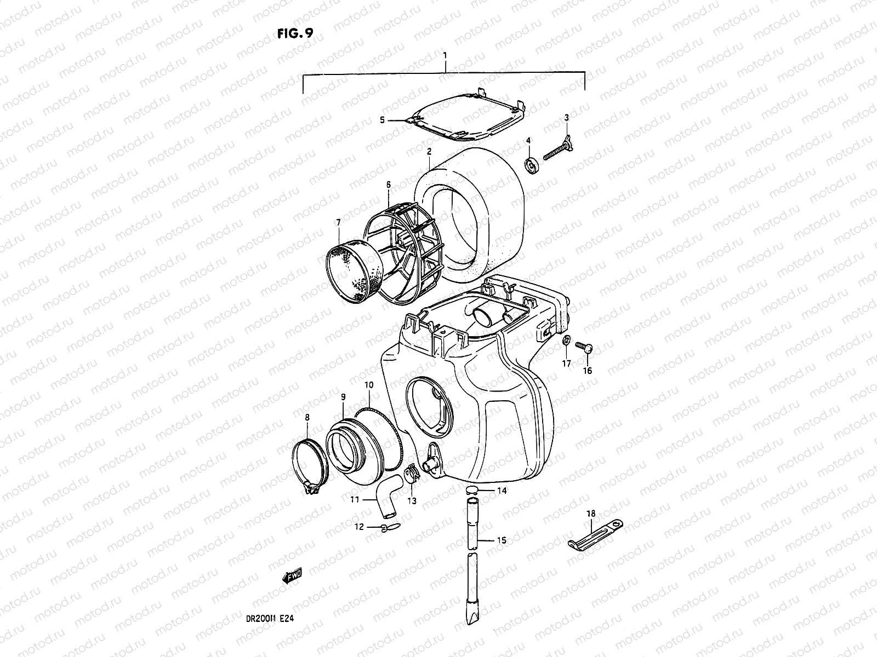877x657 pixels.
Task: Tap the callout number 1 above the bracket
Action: (x=445, y=55)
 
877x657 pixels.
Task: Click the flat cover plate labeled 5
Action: (x=466, y=113)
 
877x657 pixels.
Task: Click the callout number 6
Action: (x=388, y=186)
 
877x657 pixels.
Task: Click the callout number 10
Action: (x=369, y=385)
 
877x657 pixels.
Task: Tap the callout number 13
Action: (x=412, y=500)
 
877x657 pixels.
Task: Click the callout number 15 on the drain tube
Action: (x=501, y=540)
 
